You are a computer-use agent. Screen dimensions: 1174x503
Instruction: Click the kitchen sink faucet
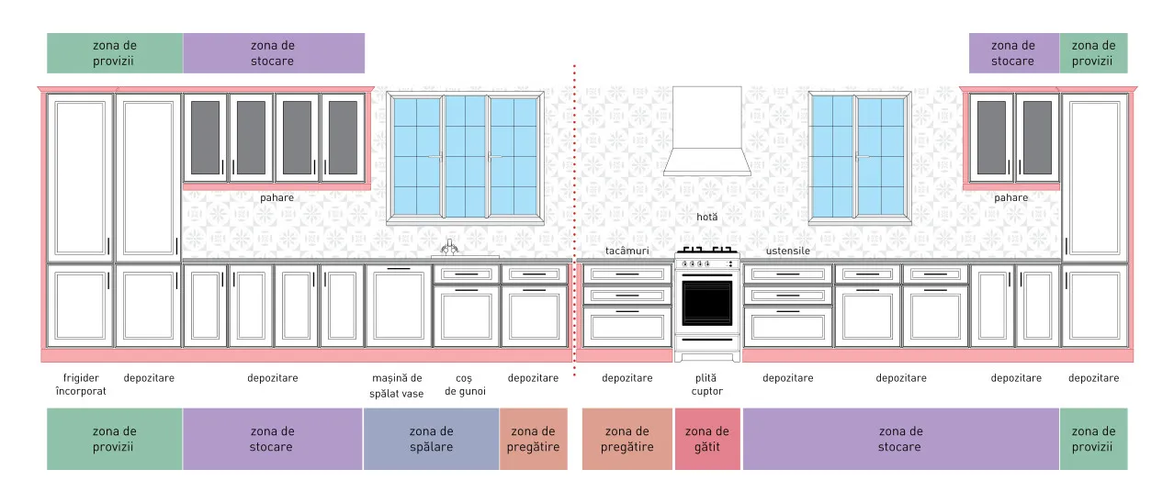(x=449, y=247)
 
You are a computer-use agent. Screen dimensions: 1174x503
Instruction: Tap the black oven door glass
(x=707, y=303)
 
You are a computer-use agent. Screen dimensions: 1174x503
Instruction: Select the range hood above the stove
(x=707, y=131)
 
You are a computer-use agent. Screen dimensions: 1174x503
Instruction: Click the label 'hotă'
(x=707, y=217)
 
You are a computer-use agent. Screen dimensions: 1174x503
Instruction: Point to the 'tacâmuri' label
(x=627, y=251)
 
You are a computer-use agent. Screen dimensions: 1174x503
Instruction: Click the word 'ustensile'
(x=788, y=251)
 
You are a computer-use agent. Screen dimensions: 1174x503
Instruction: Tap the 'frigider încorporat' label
(x=81, y=385)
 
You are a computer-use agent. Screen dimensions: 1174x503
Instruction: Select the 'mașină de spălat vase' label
(x=397, y=386)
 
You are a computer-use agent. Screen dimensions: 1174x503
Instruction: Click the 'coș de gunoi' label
(x=465, y=385)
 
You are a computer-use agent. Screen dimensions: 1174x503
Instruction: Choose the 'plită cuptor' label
(x=706, y=385)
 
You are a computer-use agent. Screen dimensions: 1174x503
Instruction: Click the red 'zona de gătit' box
(x=707, y=439)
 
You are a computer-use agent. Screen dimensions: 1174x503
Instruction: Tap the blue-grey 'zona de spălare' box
(x=431, y=439)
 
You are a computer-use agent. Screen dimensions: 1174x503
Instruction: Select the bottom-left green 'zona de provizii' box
(x=115, y=439)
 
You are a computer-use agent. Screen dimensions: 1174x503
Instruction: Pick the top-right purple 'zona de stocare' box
(x=1013, y=53)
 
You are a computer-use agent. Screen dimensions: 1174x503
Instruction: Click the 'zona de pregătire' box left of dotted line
(x=533, y=439)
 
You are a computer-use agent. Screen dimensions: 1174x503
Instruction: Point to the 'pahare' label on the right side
(x=1010, y=198)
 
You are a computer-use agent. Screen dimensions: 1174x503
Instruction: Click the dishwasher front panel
(x=399, y=305)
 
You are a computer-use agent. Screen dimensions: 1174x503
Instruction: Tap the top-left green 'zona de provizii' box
(x=115, y=53)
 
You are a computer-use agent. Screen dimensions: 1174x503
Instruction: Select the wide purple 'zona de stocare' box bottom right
(x=900, y=439)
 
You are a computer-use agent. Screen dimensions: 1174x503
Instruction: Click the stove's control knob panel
(x=707, y=263)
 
